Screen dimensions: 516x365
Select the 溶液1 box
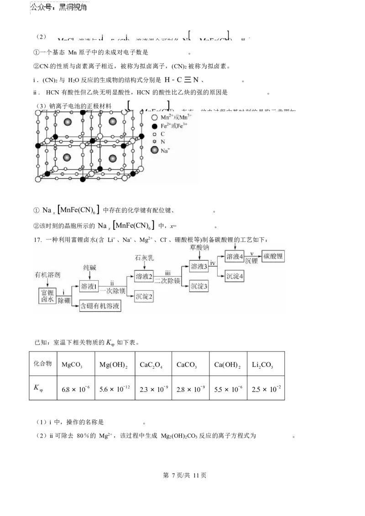89,286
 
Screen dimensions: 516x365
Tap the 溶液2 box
144,277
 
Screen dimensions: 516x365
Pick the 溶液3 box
199,267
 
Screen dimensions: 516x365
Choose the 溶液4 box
235,257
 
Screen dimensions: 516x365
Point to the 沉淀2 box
144,296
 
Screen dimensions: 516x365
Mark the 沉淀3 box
199,286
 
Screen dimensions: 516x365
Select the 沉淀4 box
235,276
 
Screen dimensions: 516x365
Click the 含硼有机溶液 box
100,306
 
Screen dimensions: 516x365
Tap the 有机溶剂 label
47,275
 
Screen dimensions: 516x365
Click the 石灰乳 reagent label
144,258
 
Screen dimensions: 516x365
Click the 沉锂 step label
251,262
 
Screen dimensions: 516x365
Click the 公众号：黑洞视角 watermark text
58,8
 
